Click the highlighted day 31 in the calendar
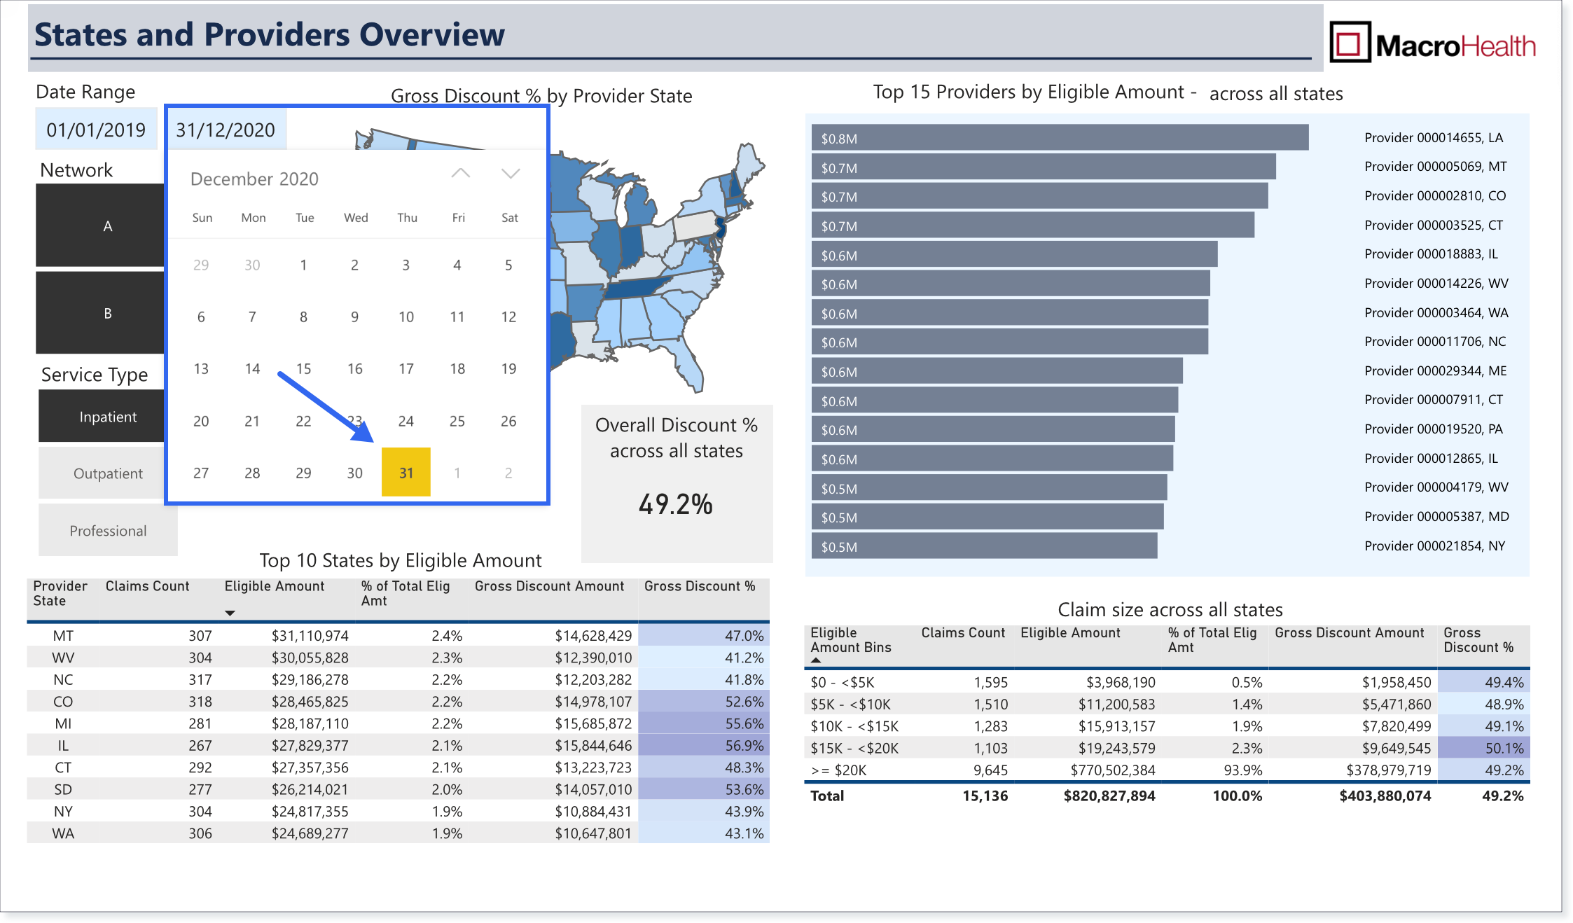(406, 472)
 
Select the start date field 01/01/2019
(96, 130)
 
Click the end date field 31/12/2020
(226, 130)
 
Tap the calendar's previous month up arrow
(460, 173)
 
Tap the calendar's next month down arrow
(511, 173)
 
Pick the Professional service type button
(108, 530)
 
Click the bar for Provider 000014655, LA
(1060, 137)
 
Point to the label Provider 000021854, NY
(1434, 546)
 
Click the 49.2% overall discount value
(676, 504)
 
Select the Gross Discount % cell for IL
(704, 746)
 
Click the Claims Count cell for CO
(200, 702)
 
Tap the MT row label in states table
(63, 636)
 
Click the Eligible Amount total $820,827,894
(1109, 796)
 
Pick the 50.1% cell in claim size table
(1483, 748)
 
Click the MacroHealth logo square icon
(1350, 42)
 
